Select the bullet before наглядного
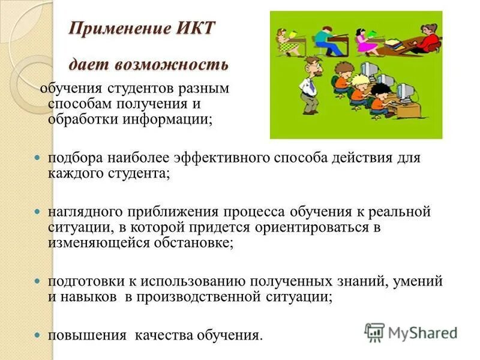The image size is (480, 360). point(37,212)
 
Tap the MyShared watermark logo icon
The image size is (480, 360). point(374,332)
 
